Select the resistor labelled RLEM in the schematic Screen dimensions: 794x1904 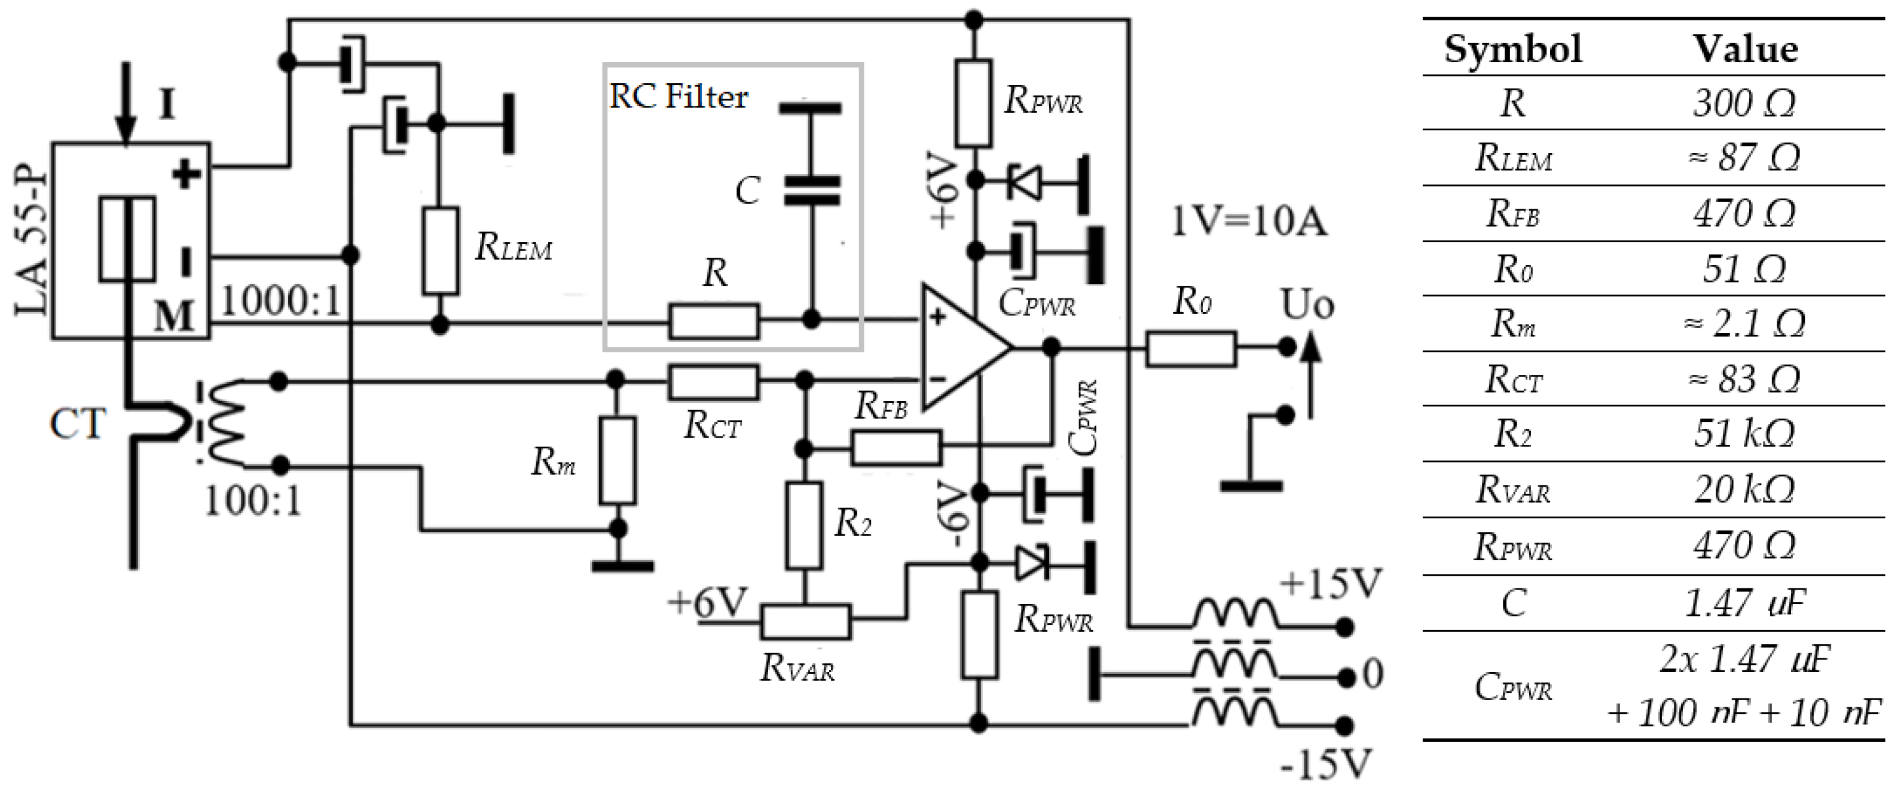point(440,251)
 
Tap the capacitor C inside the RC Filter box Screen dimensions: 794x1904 point(811,190)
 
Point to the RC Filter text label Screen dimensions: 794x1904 point(678,97)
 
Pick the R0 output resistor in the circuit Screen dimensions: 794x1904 point(1191,349)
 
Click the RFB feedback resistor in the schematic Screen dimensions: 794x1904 point(896,448)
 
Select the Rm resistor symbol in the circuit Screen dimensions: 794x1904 point(617,460)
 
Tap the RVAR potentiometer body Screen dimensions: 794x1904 point(806,621)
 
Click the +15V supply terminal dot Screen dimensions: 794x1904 point(1345,628)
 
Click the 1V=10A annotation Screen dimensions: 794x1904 point(1249,221)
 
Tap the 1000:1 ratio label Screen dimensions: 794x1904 point(281,301)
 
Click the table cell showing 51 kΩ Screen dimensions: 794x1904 point(1744,434)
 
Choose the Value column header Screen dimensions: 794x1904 point(1745,50)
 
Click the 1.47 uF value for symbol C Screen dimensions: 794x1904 point(1744,603)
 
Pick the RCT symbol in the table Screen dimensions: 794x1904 point(1513,379)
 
